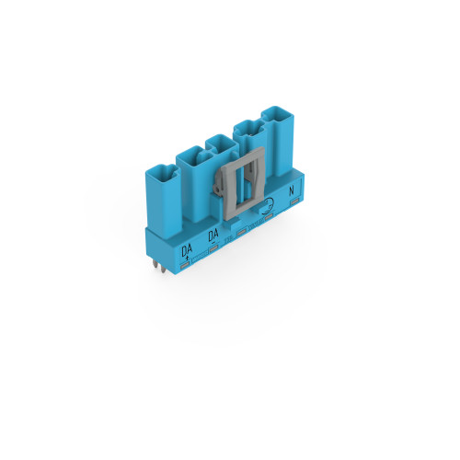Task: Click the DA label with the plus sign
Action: pyautogui.click(x=187, y=251)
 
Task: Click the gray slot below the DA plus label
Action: pyautogui.click(x=185, y=264)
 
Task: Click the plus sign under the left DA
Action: pyautogui.click(x=187, y=259)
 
